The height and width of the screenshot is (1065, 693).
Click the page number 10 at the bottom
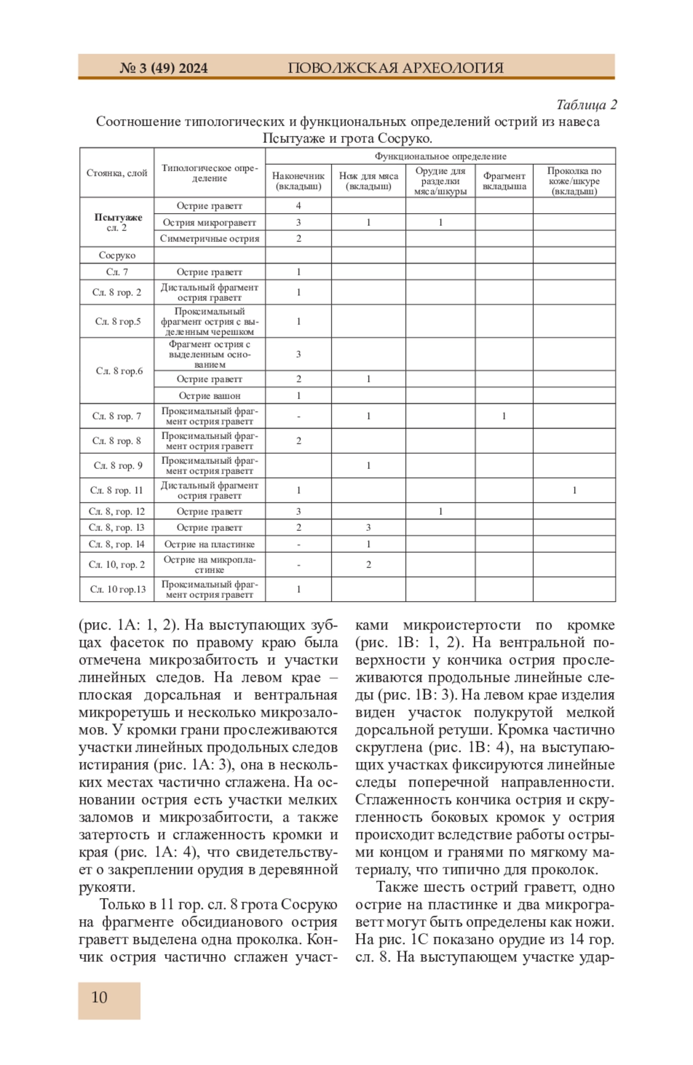pos(99,997)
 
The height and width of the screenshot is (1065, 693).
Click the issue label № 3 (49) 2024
pos(163,68)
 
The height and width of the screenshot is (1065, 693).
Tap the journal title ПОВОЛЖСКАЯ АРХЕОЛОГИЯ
pos(396,68)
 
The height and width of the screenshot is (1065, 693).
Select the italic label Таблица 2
pos(586,105)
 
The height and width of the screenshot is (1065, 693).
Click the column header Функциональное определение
pos(440,156)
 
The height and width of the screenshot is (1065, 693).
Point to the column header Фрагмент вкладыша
pos(504,181)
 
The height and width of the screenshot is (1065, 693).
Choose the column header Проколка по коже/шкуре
pos(574,181)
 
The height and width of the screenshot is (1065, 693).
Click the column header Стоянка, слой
pos(117,173)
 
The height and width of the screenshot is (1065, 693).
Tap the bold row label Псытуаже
pos(118,217)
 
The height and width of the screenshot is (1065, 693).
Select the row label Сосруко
pos(117,255)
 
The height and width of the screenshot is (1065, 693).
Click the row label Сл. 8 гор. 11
pos(117,490)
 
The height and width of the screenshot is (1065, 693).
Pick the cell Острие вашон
pos(210,396)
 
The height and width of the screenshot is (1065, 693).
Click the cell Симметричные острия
pos(210,239)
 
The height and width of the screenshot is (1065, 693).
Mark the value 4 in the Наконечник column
pos(299,206)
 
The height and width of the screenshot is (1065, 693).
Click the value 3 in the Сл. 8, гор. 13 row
pos(368,527)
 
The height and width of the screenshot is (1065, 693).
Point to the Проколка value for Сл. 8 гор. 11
pos(574,490)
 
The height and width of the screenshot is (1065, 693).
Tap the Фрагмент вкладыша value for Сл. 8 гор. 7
pos(504,416)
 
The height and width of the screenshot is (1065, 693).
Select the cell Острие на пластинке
pos(210,544)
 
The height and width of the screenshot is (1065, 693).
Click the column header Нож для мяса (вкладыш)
pos(368,181)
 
